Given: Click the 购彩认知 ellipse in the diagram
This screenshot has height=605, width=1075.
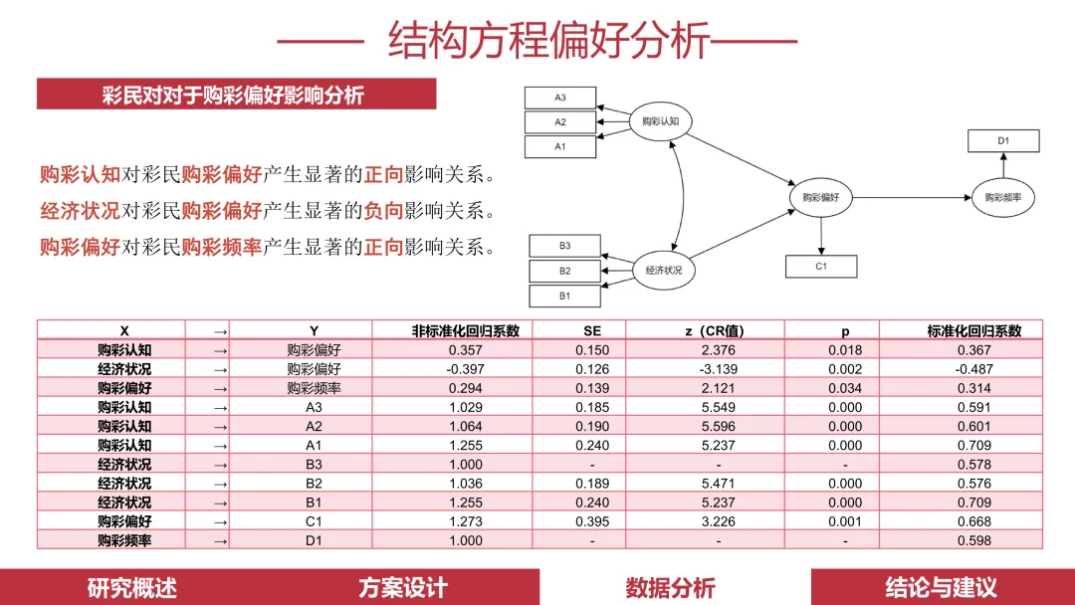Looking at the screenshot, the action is (x=660, y=122).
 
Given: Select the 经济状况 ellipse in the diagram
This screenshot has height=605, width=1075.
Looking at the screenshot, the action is (x=664, y=270).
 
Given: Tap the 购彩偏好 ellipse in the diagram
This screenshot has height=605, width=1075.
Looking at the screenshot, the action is (x=820, y=197).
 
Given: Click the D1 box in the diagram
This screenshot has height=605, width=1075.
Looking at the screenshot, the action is (x=1003, y=141).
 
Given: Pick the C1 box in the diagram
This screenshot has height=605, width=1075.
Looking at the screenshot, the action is (x=821, y=266).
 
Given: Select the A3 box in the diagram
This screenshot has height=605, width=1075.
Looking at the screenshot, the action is (x=560, y=98).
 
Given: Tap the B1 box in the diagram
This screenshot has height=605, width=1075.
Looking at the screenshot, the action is (x=564, y=296).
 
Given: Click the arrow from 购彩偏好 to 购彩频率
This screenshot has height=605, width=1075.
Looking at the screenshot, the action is (x=910, y=198).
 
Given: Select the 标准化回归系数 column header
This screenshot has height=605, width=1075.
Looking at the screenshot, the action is (x=973, y=330).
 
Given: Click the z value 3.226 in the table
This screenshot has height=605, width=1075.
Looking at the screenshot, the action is (x=718, y=521).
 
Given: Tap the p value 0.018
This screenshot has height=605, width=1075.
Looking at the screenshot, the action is (x=845, y=350).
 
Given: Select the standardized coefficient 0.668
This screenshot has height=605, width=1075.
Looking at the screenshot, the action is (x=973, y=521).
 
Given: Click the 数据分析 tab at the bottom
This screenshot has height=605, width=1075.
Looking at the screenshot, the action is (x=670, y=587).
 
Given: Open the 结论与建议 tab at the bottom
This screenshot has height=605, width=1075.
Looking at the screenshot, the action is (x=942, y=587).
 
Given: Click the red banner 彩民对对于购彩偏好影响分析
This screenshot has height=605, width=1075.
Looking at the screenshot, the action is (x=236, y=95).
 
